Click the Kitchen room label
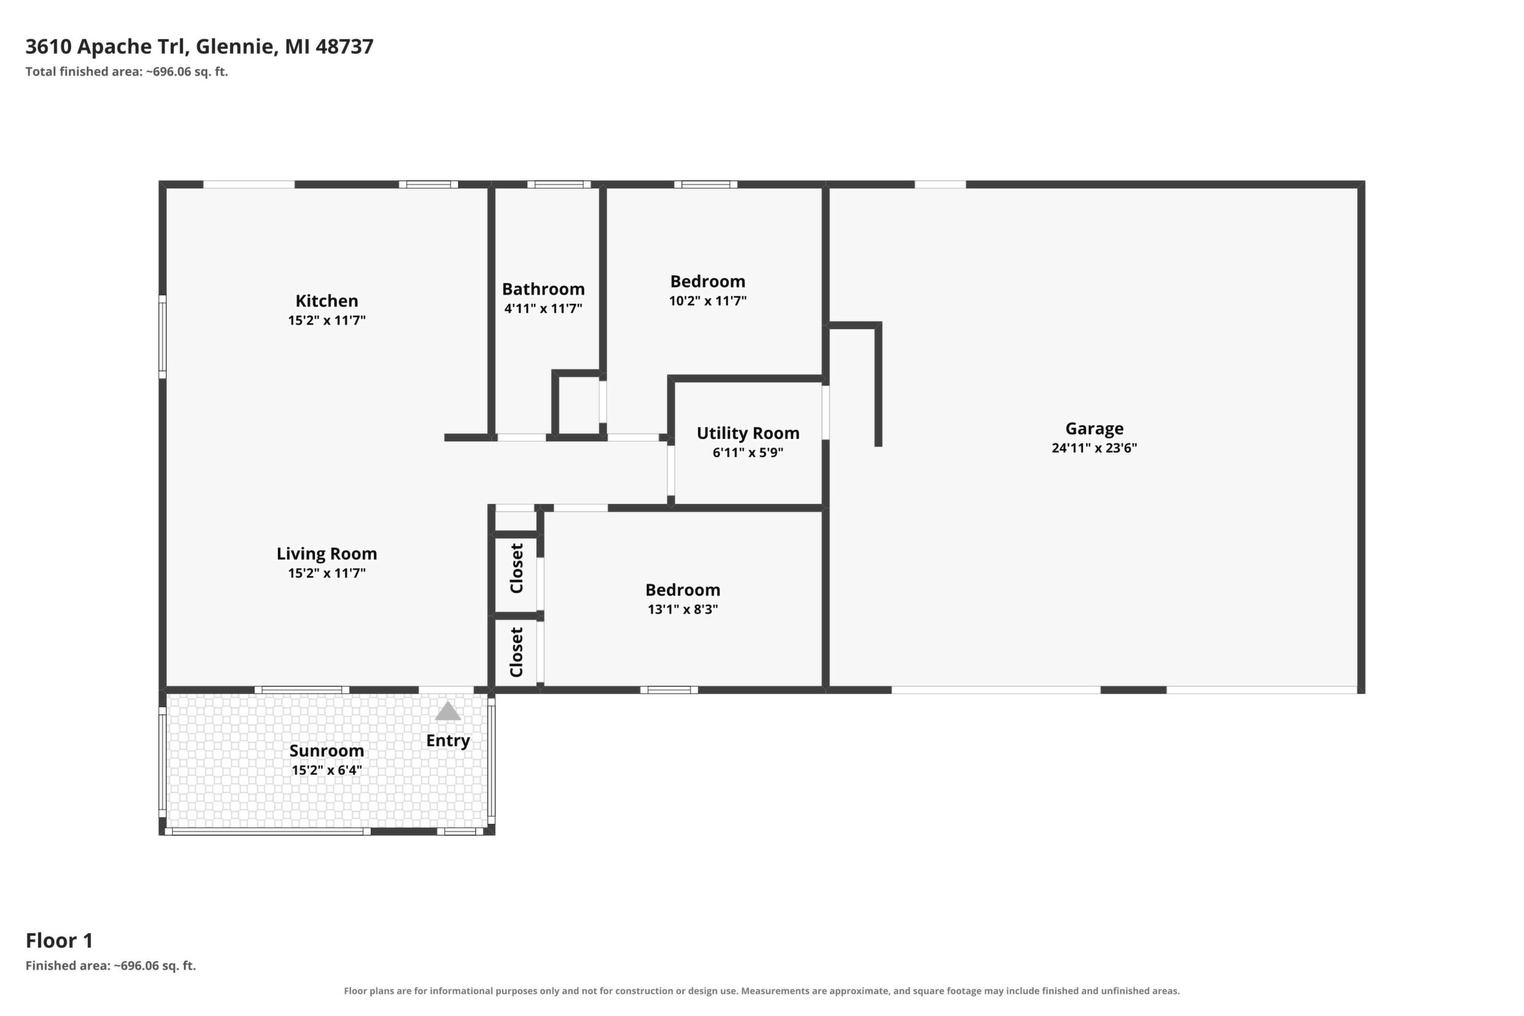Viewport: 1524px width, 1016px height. (x=327, y=300)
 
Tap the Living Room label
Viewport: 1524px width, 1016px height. (x=327, y=553)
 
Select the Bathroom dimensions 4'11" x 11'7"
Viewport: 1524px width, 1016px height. (x=543, y=308)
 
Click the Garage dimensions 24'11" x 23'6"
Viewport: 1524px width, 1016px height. (x=1094, y=448)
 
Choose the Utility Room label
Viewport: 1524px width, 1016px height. (x=748, y=433)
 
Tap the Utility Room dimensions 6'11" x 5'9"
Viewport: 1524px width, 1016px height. (x=748, y=452)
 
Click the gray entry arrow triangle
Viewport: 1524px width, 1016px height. (x=448, y=711)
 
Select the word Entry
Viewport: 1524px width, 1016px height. (x=448, y=741)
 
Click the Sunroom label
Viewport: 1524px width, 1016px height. (x=327, y=750)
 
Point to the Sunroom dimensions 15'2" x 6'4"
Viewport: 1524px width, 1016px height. (x=327, y=771)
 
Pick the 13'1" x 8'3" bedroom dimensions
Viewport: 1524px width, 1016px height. (x=683, y=609)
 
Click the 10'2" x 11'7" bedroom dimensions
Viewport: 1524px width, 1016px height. (x=708, y=300)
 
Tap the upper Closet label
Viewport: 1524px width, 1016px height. (x=517, y=568)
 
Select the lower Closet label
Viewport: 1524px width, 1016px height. (x=517, y=652)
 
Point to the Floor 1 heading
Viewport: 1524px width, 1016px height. (x=59, y=940)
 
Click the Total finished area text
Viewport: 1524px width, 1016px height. (x=127, y=71)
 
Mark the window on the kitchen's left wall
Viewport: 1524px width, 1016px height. (x=162, y=336)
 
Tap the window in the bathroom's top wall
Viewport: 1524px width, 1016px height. (x=559, y=184)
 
